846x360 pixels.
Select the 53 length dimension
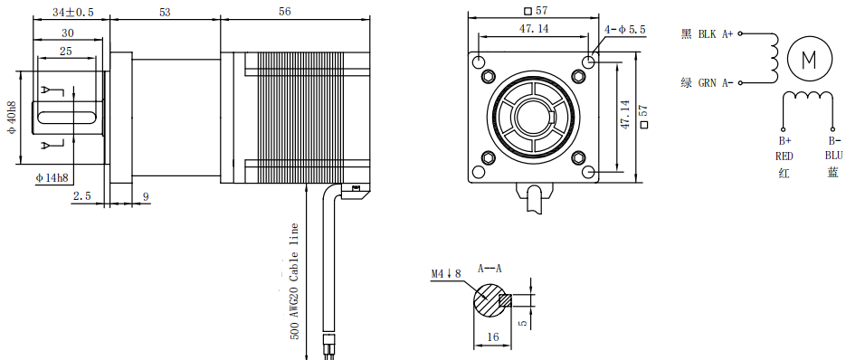click(x=165, y=13)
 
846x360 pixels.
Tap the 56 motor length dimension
click(x=285, y=12)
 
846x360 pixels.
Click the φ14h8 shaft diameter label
click(x=52, y=177)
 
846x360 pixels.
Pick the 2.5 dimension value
click(x=81, y=196)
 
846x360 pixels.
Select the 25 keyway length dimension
click(x=66, y=52)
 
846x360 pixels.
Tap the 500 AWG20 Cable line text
click(x=294, y=281)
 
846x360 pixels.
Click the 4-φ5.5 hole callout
click(x=625, y=30)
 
